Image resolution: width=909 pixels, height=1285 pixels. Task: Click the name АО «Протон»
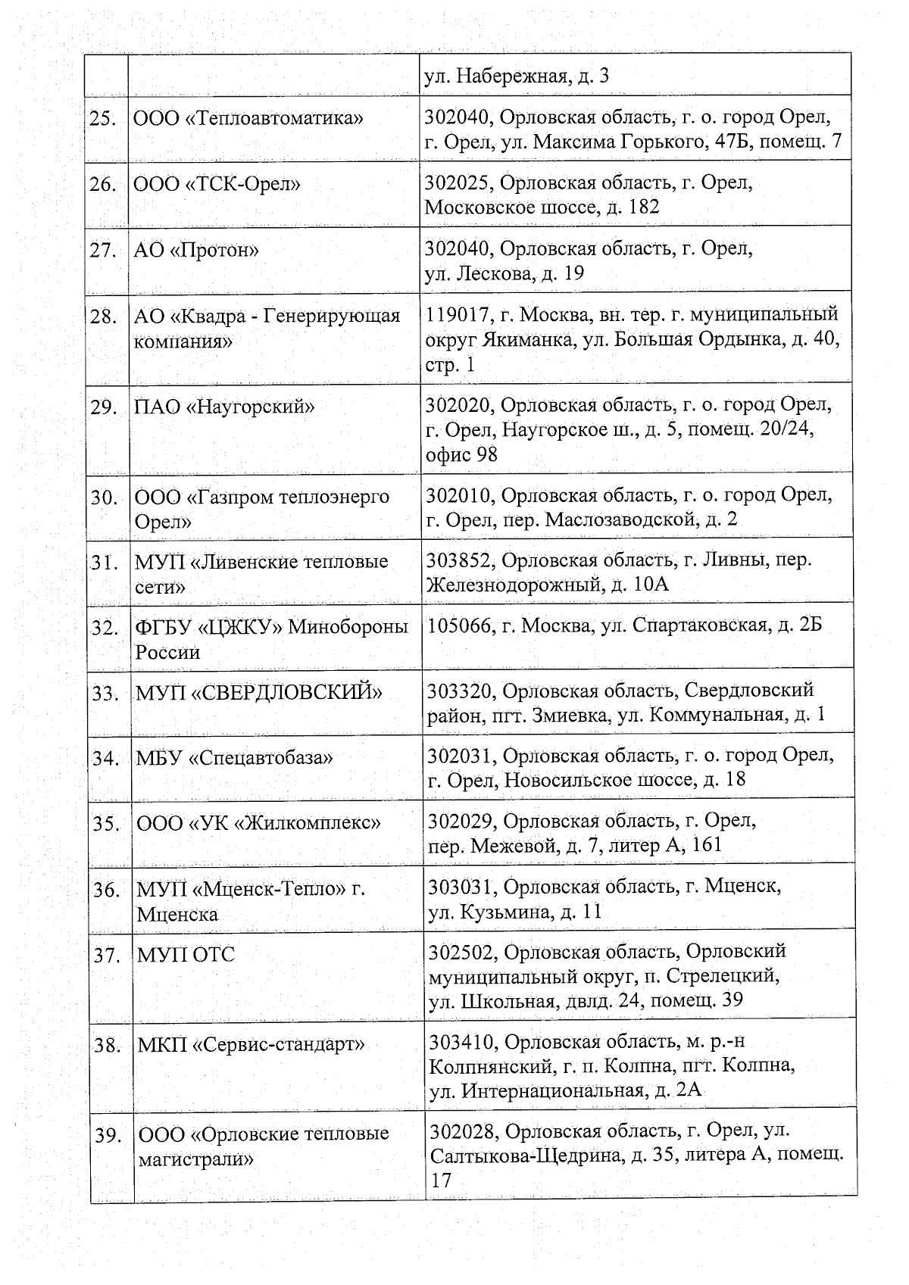197,250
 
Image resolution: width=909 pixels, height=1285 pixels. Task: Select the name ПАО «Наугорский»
225,407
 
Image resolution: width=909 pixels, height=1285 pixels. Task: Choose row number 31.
105,562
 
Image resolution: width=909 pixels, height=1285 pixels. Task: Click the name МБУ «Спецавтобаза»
235,757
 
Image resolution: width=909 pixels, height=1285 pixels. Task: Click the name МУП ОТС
186,954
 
